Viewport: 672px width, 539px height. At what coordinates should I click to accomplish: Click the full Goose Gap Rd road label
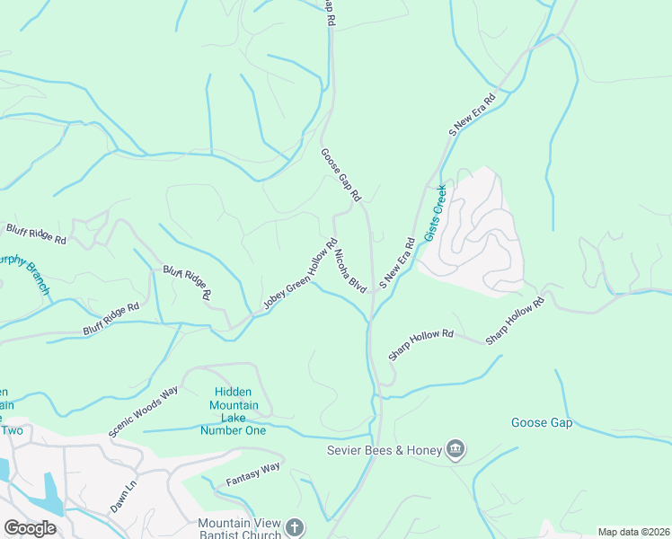click(340, 174)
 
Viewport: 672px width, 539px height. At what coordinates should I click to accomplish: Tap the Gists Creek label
click(436, 212)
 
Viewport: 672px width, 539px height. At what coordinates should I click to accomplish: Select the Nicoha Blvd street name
click(349, 270)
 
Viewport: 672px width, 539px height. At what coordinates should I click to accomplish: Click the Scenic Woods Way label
click(144, 412)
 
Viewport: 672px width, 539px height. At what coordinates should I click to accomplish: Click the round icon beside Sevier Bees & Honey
click(455, 448)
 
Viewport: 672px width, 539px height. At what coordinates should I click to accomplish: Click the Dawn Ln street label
click(123, 497)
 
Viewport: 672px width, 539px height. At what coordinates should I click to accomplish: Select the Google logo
click(30, 528)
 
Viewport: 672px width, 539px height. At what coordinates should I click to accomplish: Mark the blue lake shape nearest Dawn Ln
click(52, 493)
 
